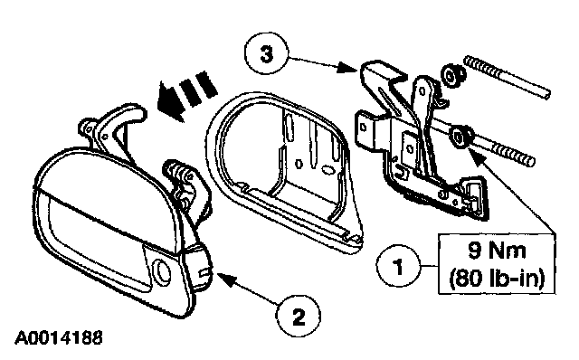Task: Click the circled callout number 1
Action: tap(398, 266)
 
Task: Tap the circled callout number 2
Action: tap(299, 316)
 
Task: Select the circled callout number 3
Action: tap(266, 54)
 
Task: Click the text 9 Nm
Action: tap(497, 251)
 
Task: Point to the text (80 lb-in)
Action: tap(497, 278)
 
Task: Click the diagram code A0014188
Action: tap(58, 338)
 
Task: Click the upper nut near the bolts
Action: tap(453, 76)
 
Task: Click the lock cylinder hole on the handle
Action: tap(162, 270)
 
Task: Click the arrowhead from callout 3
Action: tap(348, 68)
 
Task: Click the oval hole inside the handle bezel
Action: tap(327, 170)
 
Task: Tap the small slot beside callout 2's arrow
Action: tap(204, 272)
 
